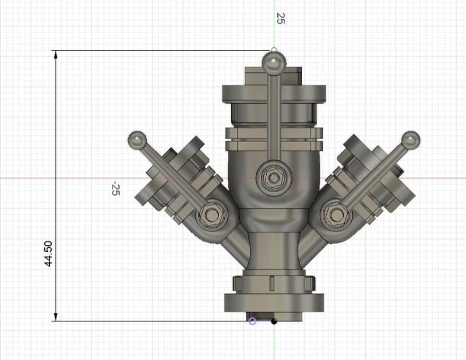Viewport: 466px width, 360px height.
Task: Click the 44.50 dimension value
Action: pos(49,253)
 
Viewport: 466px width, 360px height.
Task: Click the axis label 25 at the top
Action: pos(280,18)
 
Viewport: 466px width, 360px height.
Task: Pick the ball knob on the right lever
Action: pos(411,140)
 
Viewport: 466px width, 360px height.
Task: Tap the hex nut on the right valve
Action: pos(336,214)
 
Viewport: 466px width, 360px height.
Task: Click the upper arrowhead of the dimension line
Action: pos(56,55)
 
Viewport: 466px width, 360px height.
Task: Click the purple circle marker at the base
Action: pos(252,321)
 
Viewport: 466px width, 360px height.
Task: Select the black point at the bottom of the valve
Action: pos(274,321)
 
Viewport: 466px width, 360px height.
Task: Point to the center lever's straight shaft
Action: pos(273,117)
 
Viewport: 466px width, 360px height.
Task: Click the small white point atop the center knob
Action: pos(274,50)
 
